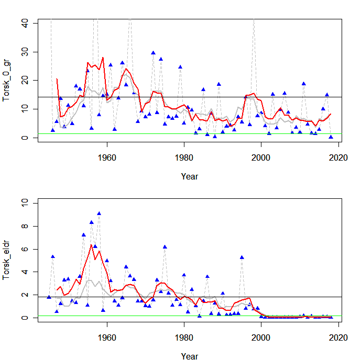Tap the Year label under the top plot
[189, 176]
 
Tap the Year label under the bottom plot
[189, 356]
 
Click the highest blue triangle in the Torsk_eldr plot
[99, 213]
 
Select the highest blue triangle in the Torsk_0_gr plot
[153, 53]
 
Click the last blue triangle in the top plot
[331, 137]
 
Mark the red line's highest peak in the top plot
[103, 58]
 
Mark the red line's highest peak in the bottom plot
[91, 245]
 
